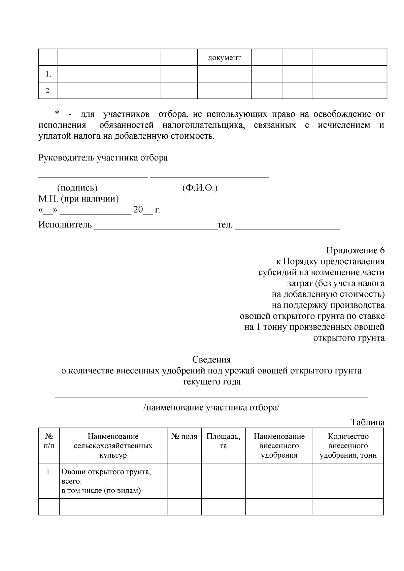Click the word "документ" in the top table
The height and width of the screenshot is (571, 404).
[x=224, y=58]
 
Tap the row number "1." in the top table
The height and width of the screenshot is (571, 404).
[x=48, y=74]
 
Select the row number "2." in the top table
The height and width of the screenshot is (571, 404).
[x=48, y=91]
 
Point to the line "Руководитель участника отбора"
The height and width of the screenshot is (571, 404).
[x=103, y=158]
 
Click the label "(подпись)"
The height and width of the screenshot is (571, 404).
[x=77, y=188]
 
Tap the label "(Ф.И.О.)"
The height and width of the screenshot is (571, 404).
[x=200, y=188]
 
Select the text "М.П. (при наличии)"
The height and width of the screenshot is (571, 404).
[x=78, y=199]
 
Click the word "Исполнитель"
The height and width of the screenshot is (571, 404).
[x=65, y=224]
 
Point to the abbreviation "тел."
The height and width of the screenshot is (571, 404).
[x=225, y=224]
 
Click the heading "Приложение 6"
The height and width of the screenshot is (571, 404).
[x=355, y=251]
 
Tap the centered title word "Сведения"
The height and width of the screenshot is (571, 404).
[x=211, y=360]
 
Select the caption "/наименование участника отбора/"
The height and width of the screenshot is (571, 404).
[x=211, y=407]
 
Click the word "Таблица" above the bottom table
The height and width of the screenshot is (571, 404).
[x=368, y=422]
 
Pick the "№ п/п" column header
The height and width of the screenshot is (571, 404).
[x=49, y=441]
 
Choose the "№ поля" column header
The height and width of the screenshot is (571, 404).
[x=184, y=437]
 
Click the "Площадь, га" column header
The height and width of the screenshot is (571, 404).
[x=223, y=441]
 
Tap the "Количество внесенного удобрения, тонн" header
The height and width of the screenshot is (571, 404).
[x=348, y=446]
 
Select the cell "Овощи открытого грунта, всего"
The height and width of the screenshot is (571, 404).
[x=106, y=476]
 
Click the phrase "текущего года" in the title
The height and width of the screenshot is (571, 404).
[x=211, y=382]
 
